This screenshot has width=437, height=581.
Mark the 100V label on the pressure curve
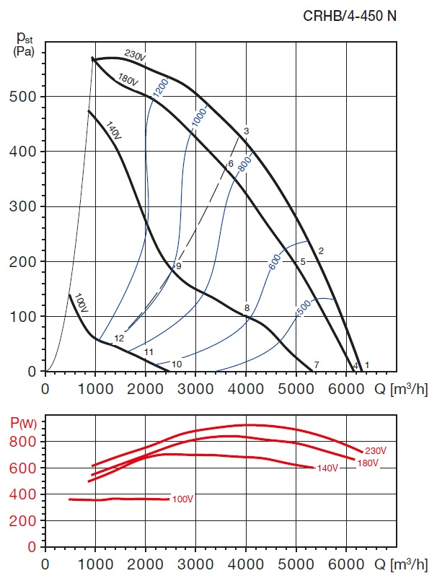(x=80, y=304)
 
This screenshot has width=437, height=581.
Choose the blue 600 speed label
(x=275, y=263)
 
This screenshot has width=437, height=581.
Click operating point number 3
(x=246, y=131)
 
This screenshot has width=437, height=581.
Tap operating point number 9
(x=178, y=266)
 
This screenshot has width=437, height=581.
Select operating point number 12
(x=119, y=338)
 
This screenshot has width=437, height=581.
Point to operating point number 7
(x=316, y=364)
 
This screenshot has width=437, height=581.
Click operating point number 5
(x=303, y=261)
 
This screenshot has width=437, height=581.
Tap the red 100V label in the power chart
(x=183, y=499)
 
